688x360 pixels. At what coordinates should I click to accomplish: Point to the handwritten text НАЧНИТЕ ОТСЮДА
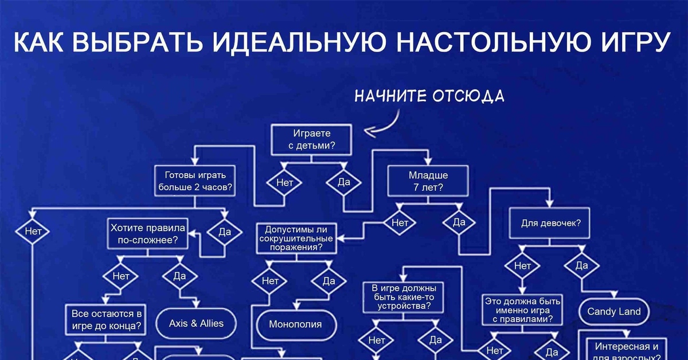tap(429, 95)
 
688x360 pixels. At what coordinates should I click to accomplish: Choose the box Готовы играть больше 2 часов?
tap(196, 181)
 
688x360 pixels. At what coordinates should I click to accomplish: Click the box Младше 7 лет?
tap(428, 181)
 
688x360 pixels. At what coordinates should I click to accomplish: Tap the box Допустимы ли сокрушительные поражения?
tap(296, 238)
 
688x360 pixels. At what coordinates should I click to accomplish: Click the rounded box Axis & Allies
tap(196, 323)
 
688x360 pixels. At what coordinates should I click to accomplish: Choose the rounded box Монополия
tap(295, 324)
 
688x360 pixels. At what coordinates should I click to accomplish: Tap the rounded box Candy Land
tap(614, 312)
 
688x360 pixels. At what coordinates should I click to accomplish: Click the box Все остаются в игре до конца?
tap(107, 320)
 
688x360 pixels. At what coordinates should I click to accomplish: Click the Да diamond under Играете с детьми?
tap(344, 183)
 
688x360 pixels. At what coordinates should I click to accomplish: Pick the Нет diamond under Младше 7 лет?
tap(400, 222)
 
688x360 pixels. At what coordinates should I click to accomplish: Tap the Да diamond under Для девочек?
tap(581, 265)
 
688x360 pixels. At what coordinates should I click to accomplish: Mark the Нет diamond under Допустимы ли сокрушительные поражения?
tap(270, 281)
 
